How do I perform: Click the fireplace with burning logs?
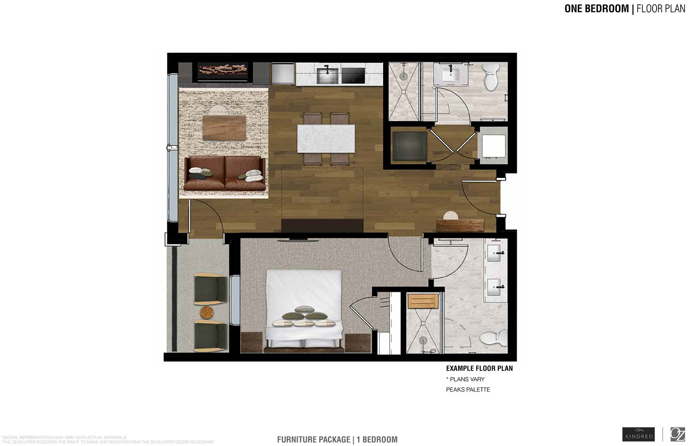[223, 71]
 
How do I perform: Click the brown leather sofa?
[225, 174]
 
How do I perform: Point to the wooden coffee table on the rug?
[224, 128]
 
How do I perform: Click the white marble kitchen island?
[326, 138]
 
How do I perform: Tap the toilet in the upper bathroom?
[490, 77]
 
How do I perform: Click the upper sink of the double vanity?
[495, 253]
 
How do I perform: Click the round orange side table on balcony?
[207, 312]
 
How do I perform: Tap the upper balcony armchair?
[210, 289]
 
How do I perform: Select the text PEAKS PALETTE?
[468, 390]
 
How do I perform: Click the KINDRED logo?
[638, 434]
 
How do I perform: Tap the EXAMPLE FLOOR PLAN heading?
[479, 369]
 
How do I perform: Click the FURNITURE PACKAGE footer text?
[314, 440]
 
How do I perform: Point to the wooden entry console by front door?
[459, 225]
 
